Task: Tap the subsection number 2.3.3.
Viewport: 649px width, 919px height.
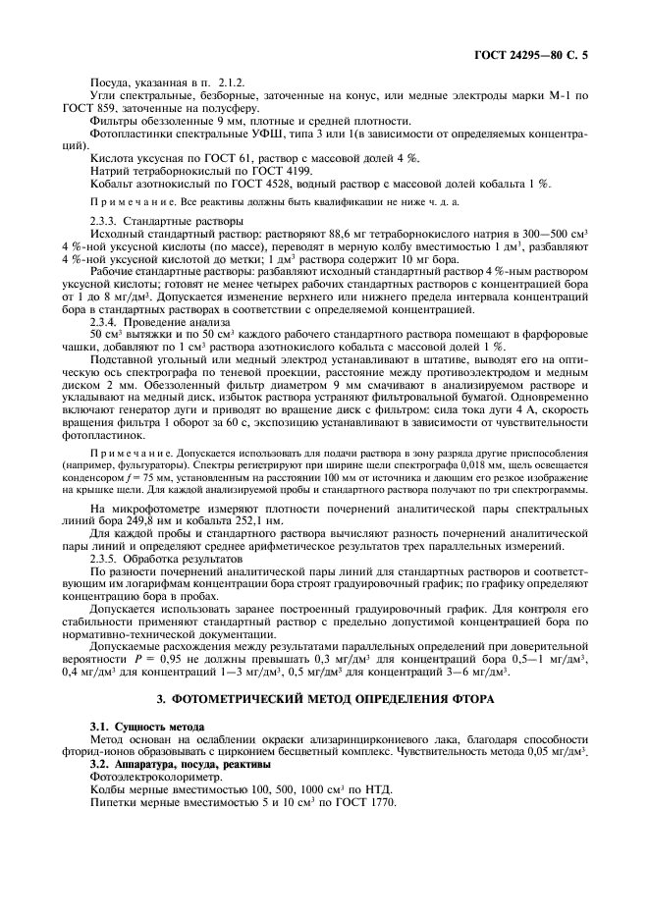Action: point(105,222)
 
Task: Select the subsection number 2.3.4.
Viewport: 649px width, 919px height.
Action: point(105,321)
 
